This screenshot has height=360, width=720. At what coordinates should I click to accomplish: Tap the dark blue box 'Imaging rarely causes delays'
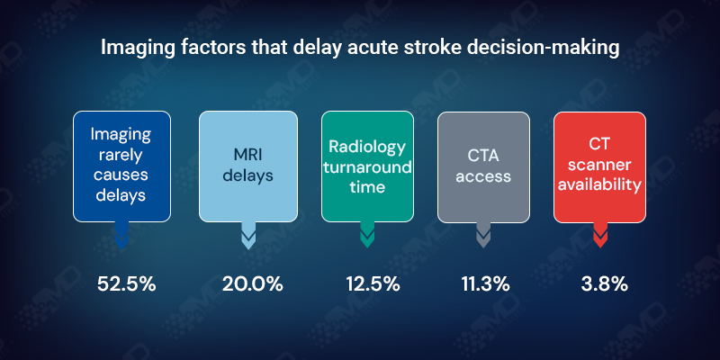pos(121,166)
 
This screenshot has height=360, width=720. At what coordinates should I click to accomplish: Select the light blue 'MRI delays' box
pos(247,166)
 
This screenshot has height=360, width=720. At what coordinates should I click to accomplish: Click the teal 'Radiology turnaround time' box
pos(366,166)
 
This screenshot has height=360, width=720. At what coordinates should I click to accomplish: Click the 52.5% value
pos(127,283)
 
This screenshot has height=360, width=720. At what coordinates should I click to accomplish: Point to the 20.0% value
pos(252,283)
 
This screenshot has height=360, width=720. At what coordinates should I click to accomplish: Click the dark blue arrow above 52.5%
pos(122,236)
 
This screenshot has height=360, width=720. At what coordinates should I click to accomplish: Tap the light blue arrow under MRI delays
pos(248,236)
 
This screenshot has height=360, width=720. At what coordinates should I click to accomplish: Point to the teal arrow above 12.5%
pos(366,236)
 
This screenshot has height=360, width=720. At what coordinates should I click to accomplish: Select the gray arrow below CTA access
pos(483,236)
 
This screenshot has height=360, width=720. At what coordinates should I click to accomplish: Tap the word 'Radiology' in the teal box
pos(366,147)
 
